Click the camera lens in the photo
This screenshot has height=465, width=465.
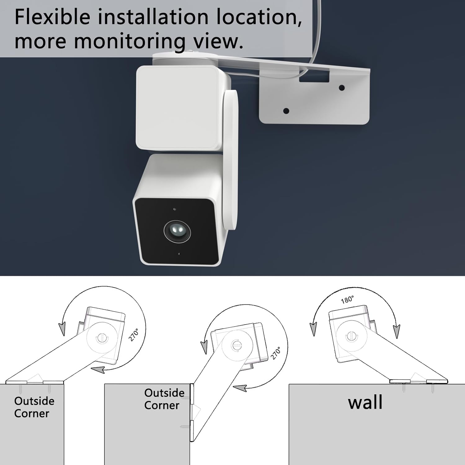pos(177,231)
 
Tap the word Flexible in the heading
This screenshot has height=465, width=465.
pos(52,17)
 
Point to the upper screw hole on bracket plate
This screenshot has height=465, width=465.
pos(342,88)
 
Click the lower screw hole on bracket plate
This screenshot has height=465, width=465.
pos(286,111)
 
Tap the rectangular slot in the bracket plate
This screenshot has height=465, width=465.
pos(314,76)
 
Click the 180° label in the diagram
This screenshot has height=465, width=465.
pos(347,299)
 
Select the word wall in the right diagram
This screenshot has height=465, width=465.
pos(365,402)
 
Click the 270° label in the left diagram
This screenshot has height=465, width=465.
pos(134,335)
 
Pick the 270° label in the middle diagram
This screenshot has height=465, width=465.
pos(276,353)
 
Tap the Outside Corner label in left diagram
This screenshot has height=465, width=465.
pos(34,407)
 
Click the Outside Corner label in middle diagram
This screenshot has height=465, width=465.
pos(164,399)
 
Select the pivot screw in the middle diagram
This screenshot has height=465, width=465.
pos(236,345)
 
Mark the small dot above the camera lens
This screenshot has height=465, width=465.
pos(175,209)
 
